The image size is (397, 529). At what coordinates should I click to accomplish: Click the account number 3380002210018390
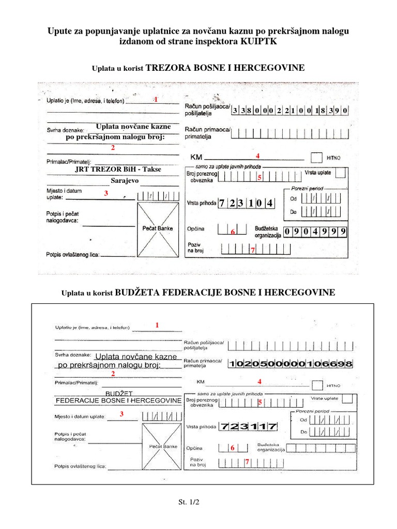(291, 111)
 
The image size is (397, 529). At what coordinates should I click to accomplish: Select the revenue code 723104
(246, 203)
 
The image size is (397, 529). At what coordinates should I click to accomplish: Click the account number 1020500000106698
(291, 364)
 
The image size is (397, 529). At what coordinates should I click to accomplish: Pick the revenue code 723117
(248, 427)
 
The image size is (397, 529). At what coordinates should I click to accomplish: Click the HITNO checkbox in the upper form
(316, 157)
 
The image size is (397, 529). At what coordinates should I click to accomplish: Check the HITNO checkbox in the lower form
(317, 385)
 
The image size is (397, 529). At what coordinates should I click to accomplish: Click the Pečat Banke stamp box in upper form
(157, 228)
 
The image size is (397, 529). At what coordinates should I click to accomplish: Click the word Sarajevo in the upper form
(125, 181)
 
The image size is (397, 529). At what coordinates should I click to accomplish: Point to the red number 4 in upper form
(257, 155)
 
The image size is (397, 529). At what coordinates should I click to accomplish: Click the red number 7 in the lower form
(248, 462)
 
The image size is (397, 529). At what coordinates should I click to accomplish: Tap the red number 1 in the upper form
(155, 99)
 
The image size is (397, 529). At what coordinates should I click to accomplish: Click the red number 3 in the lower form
(121, 414)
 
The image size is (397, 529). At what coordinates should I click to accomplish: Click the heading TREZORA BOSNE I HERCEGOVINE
(225, 68)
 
